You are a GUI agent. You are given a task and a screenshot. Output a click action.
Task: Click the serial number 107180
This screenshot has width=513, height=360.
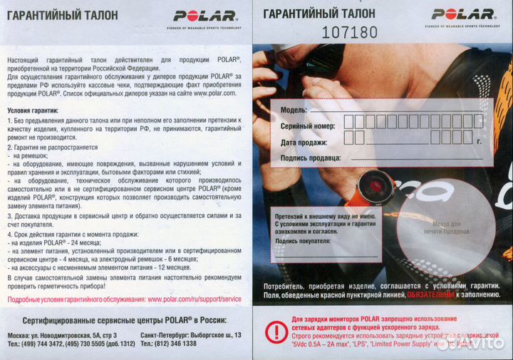(x=350, y=32)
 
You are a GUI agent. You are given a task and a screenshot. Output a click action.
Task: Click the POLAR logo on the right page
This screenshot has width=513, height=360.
(x=462, y=14)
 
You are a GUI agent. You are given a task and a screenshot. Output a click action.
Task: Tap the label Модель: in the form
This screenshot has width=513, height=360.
(x=294, y=110)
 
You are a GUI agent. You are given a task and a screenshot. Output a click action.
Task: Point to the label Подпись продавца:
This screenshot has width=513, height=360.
(x=311, y=158)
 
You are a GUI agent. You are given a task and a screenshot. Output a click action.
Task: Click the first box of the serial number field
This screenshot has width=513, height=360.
(x=349, y=122)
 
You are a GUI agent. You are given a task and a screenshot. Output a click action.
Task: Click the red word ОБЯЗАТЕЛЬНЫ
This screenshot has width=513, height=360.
(x=430, y=294)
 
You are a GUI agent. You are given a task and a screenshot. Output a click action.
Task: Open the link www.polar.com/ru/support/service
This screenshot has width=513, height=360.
(x=195, y=299)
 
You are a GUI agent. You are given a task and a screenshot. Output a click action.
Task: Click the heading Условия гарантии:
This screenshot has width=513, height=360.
(x=34, y=110)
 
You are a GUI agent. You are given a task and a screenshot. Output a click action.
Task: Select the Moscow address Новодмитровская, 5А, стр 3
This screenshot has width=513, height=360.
(x=74, y=335)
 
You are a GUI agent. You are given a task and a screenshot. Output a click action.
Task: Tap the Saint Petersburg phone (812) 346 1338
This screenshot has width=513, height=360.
(x=177, y=344)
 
